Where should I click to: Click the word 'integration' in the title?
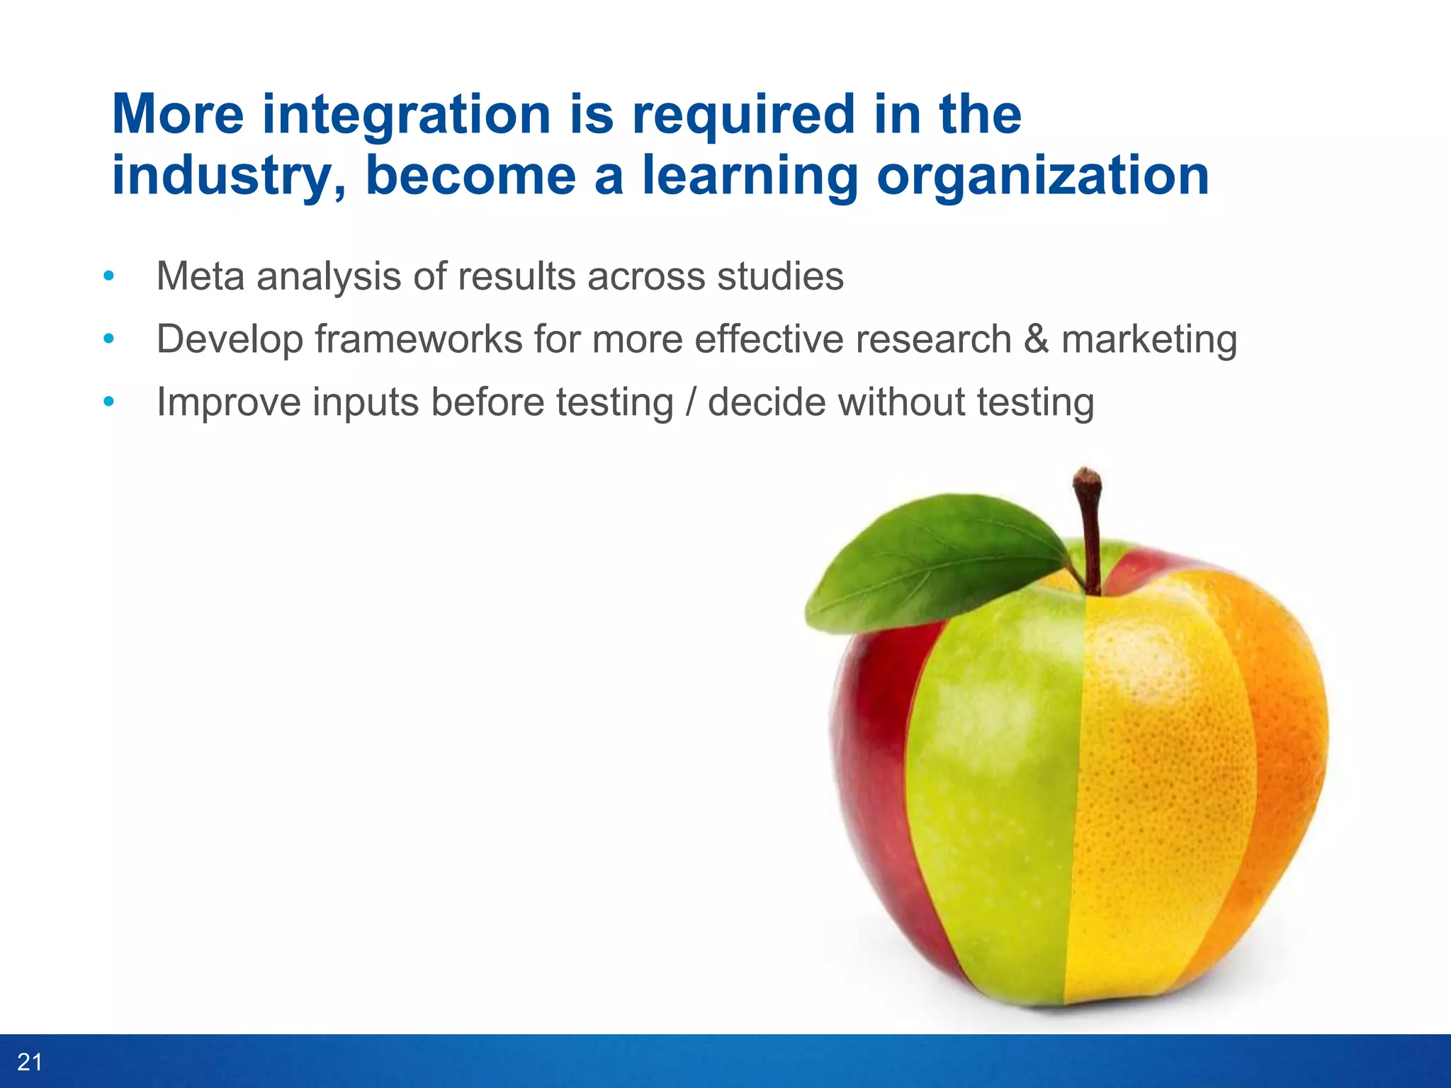click(x=406, y=115)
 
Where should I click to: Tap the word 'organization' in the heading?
click(x=1043, y=176)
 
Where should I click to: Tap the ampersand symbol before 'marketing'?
click(x=1036, y=339)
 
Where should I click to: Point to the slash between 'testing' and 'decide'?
click(x=691, y=402)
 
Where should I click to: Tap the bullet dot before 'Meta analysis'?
click(x=108, y=276)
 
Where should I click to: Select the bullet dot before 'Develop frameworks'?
click(x=108, y=339)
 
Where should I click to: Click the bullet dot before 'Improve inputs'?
click(x=108, y=402)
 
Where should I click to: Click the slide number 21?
click(x=30, y=1062)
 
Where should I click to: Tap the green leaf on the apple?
click(x=935, y=560)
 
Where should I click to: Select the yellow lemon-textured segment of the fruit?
click(x=1162, y=779)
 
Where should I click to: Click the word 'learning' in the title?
click(x=750, y=176)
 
